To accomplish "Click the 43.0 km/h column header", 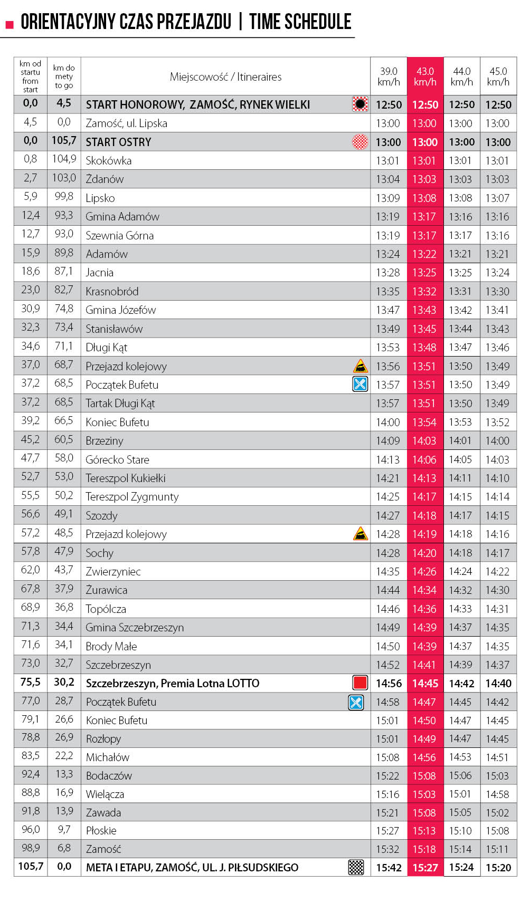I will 425,76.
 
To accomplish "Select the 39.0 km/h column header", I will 389,76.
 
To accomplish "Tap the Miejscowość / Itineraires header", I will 225,77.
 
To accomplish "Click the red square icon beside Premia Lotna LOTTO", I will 360,683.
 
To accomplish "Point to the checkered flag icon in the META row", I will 356,867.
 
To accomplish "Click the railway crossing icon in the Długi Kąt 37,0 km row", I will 360,366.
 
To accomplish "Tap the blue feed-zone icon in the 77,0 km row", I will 356,702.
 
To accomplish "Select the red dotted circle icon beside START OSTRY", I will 360,142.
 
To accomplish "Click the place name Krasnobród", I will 112,292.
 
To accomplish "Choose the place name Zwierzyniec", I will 113,572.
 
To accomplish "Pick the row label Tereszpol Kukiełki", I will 126,478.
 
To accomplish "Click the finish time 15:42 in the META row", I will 389,868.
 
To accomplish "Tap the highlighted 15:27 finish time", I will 425,868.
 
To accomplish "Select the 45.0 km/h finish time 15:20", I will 498,868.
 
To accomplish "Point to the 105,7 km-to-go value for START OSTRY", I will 64,141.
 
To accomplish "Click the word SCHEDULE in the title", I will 318,22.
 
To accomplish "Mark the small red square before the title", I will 9,25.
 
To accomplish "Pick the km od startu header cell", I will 31,76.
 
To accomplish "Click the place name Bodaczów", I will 109,776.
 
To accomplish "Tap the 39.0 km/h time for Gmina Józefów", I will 388,310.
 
